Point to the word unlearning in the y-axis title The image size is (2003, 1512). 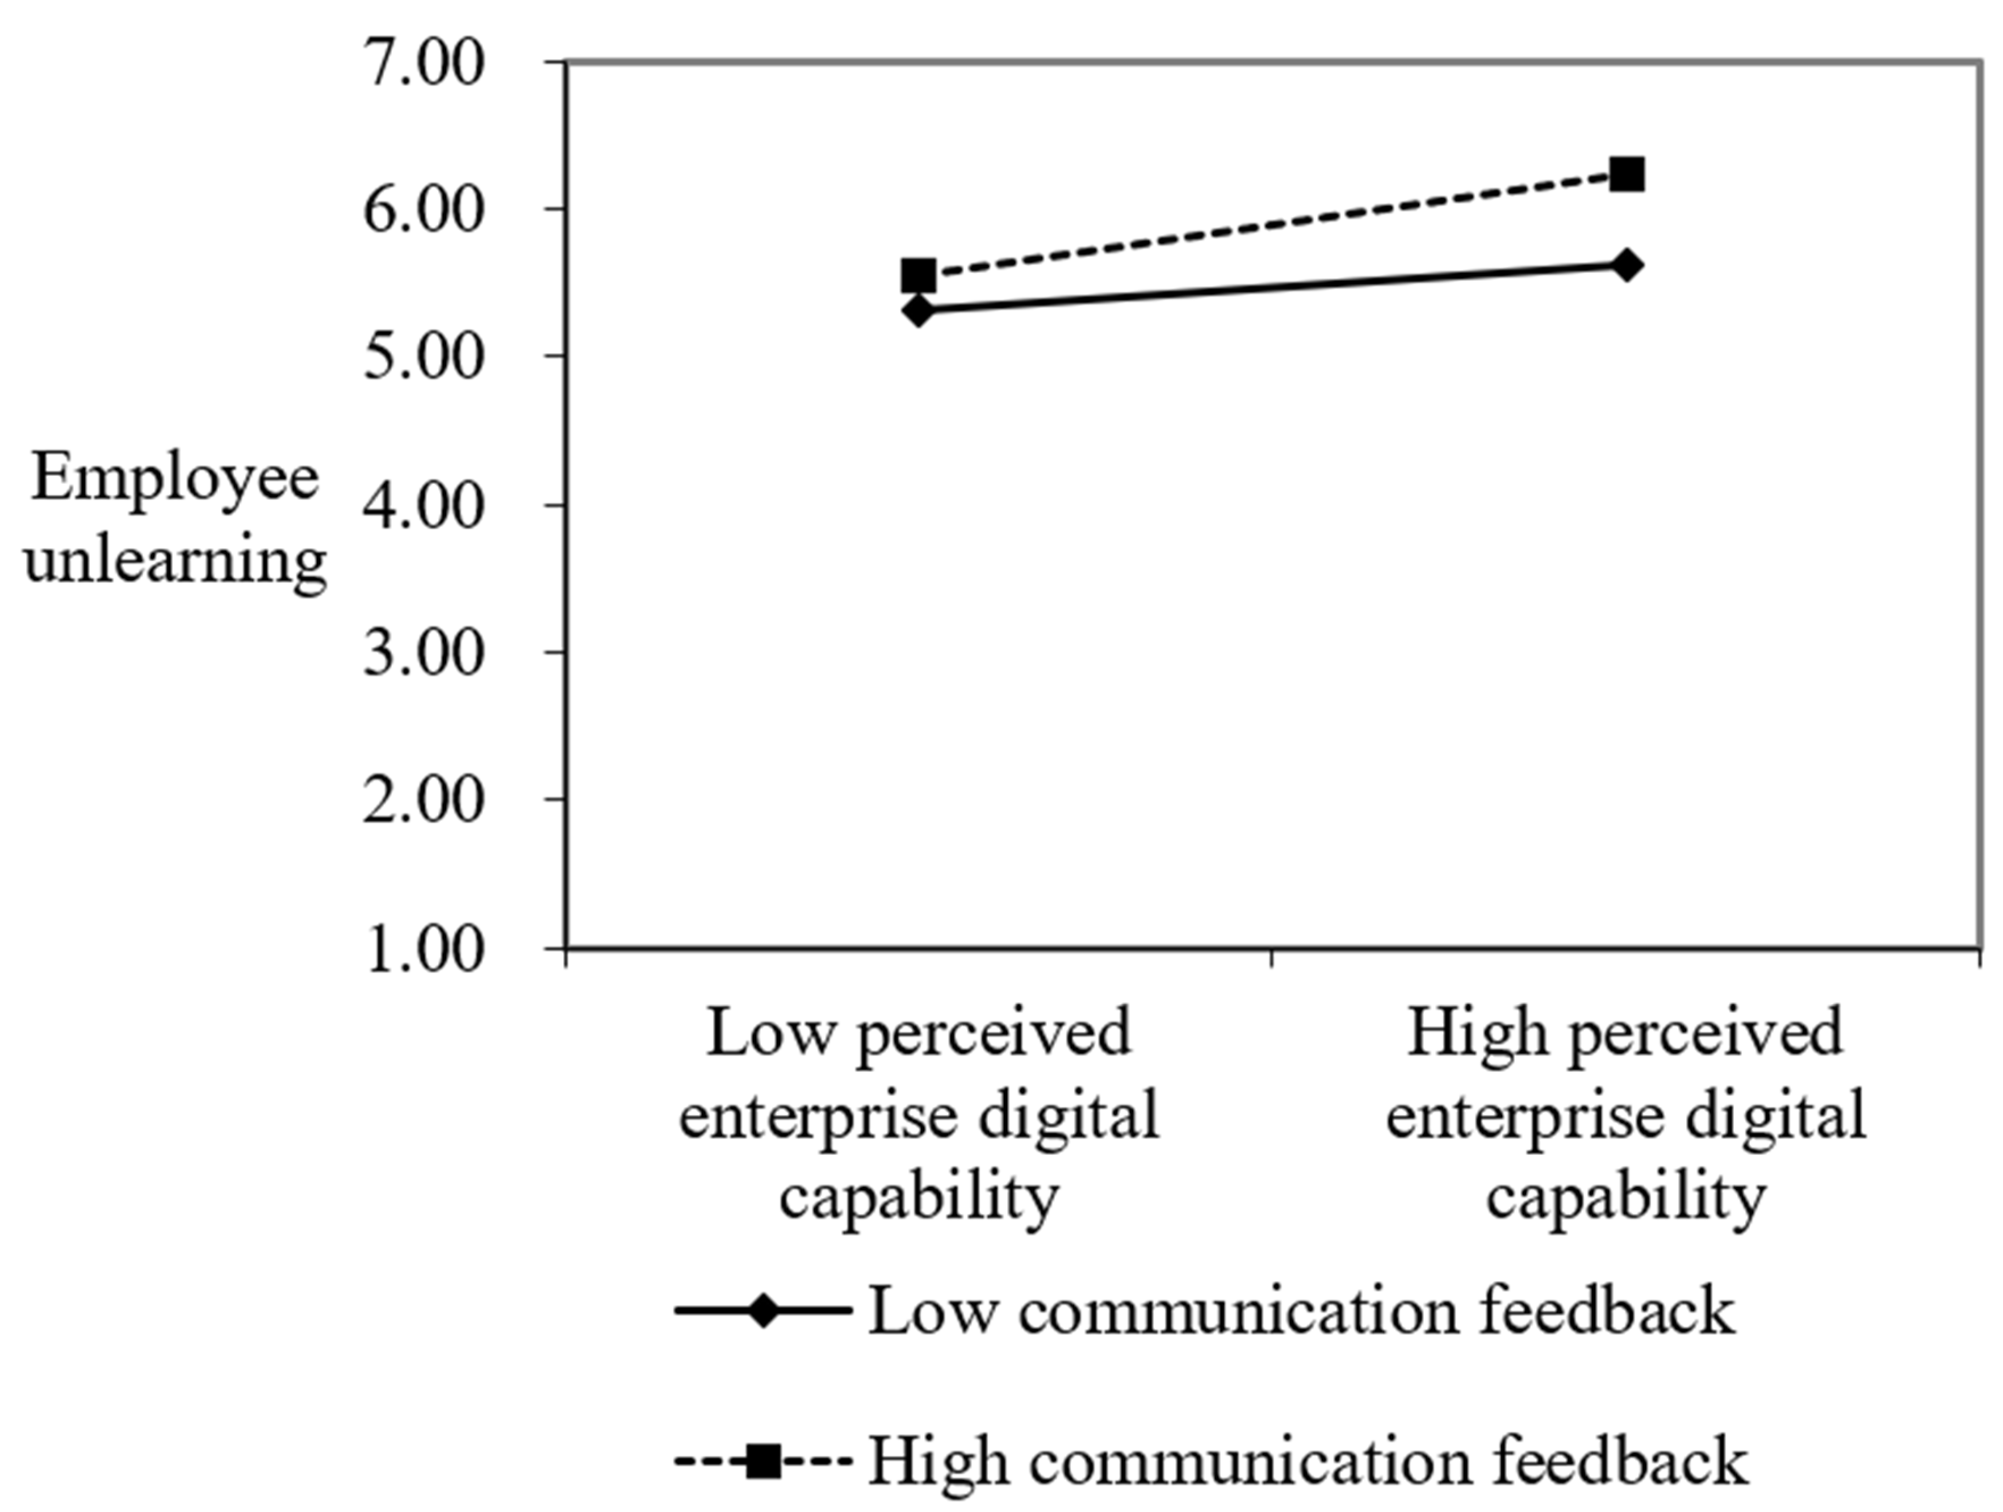point(175,562)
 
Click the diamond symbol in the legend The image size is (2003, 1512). point(764,1310)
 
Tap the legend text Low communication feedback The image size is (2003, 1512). point(1301,1310)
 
